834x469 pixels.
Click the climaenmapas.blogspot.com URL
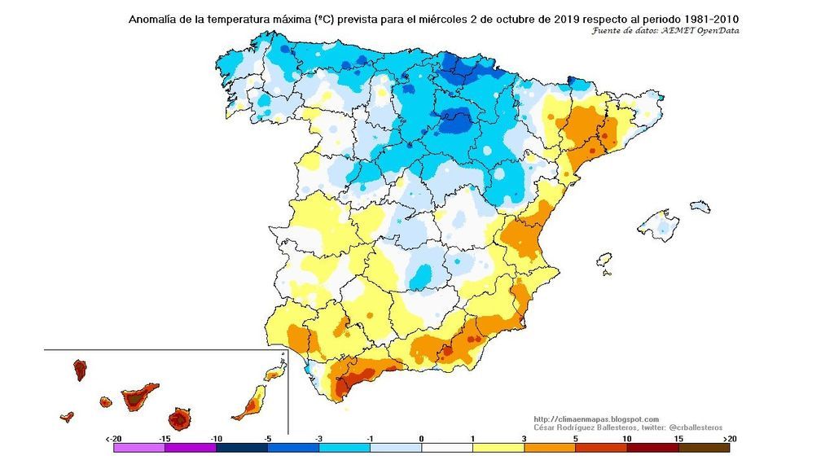tap(596, 419)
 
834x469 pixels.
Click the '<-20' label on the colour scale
tap(115, 438)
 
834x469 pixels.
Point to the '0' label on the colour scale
tap(421, 438)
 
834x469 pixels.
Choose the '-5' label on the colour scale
tap(267, 438)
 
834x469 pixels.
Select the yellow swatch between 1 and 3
tap(498, 448)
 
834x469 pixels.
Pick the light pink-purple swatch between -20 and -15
tap(139, 448)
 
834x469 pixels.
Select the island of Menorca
tap(700, 207)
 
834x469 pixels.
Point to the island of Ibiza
tap(605, 259)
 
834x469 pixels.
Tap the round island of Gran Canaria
tap(179, 419)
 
